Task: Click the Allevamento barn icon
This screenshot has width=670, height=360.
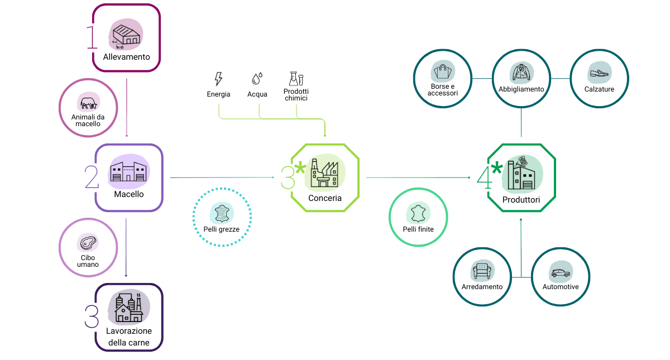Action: point(126,35)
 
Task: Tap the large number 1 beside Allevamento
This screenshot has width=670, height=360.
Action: point(92,37)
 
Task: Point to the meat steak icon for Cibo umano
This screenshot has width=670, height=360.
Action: point(88,243)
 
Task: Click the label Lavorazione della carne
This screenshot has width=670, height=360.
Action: point(128,337)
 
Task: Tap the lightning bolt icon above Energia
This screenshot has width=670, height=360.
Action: point(218,78)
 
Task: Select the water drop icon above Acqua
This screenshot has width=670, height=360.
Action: point(257,78)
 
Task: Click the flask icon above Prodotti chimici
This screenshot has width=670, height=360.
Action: point(295,78)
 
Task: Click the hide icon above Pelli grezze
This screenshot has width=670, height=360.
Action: point(222,213)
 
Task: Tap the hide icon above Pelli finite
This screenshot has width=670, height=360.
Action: point(418,213)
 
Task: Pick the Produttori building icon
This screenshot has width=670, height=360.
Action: point(520,173)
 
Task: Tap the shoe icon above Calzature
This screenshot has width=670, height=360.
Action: point(599,73)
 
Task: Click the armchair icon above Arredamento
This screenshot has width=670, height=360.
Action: point(481,272)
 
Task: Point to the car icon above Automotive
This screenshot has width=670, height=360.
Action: point(560,272)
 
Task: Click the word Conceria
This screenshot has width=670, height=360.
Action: point(325,198)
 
